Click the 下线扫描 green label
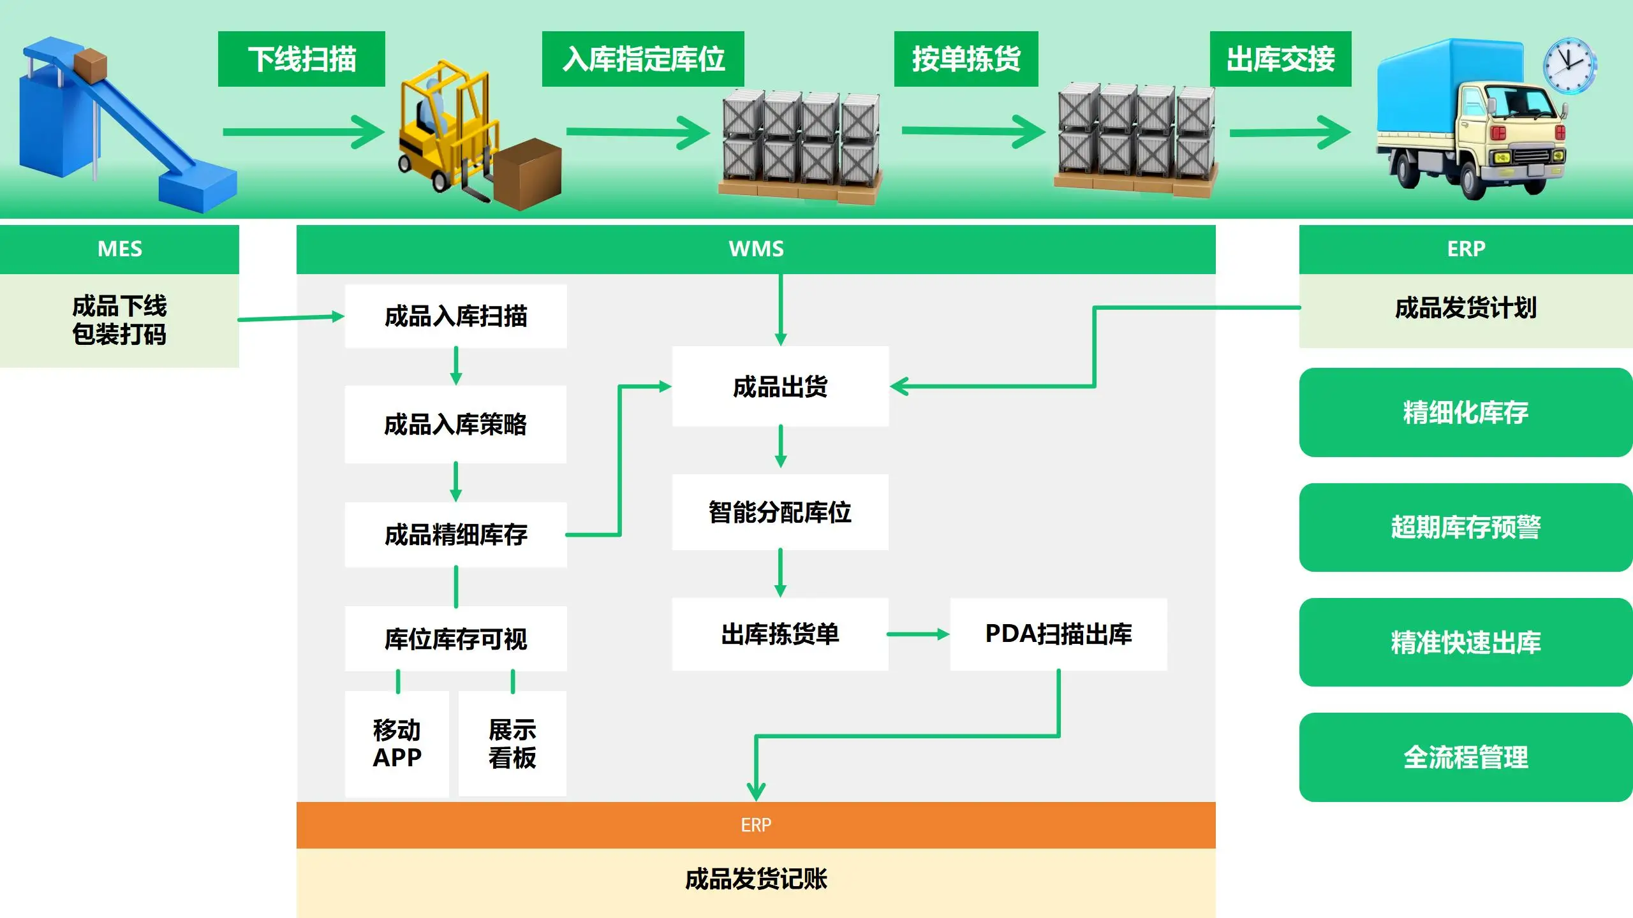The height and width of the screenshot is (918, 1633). pyautogui.click(x=302, y=59)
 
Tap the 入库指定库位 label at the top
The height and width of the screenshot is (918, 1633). pyautogui.click(x=643, y=59)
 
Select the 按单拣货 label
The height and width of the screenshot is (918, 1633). pyautogui.click(x=966, y=59)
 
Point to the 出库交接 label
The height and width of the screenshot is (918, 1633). pyautogui.click(x=1280, y=59)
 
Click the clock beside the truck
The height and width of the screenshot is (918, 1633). pyautogui.click(x=1569, y=66)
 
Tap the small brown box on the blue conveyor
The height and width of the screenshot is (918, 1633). pyautogui.click(x=90, y=64)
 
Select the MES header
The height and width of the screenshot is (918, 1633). pyautogui.click(x=120, y=249)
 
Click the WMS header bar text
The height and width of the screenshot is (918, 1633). pyautogui.click(x=756, y=249)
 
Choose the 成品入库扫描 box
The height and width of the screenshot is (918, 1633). pyautogui.click(x=455, y=316)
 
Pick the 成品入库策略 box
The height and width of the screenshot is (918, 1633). pyautogui.click(x=455, y=425)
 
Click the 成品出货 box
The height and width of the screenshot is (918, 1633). pyautogui.click(x=780, y=386)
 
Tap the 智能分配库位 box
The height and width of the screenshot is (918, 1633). pyautogui.click(x=780, y=512)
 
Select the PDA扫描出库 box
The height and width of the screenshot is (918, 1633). pyautogui.click(x=1058, y=634)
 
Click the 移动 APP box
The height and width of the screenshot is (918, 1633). pyautogui.click(x=397, y=743)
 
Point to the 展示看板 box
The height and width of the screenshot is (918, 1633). pyautogui.click(x=512, y=743)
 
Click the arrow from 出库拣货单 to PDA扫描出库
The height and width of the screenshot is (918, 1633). pyautogui.click(x=919, y=634)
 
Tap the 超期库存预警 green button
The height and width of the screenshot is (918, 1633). pyautogui.click(x=1466, y=527)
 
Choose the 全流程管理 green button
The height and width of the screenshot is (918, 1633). pyautogui.click(x=1466, y=757)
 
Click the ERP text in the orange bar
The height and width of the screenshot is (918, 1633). pyautogui.click(x=756, y=825)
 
